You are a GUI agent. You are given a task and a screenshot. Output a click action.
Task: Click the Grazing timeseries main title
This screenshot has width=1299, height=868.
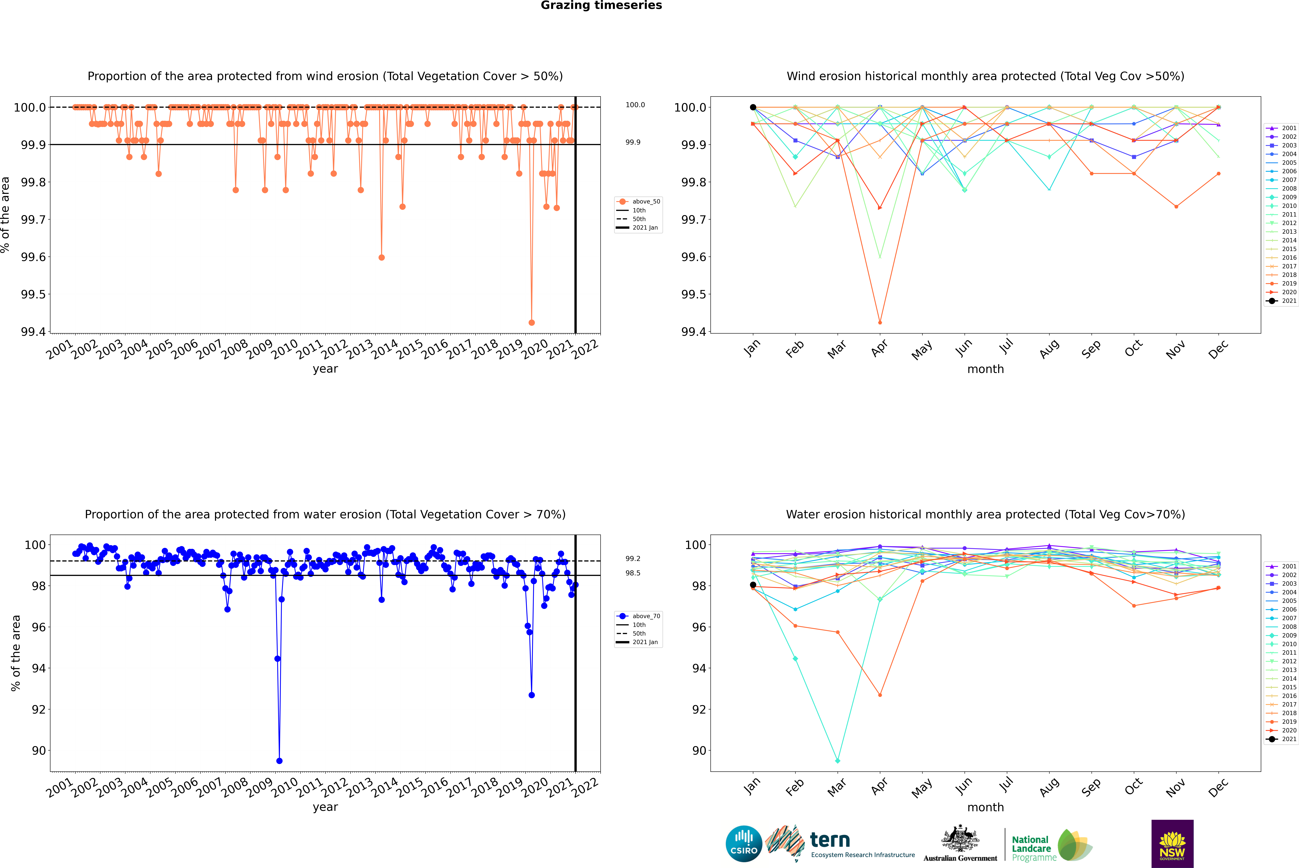point(601,5)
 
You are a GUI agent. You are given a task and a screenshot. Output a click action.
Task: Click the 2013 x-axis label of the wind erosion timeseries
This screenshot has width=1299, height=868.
point(360,349)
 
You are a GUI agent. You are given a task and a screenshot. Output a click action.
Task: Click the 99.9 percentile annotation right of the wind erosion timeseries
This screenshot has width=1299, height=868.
point(633,142)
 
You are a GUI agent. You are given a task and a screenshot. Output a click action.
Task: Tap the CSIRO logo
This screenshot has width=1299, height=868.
point(744,844)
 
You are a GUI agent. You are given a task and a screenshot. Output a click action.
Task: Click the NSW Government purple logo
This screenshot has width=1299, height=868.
point(1172,844)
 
